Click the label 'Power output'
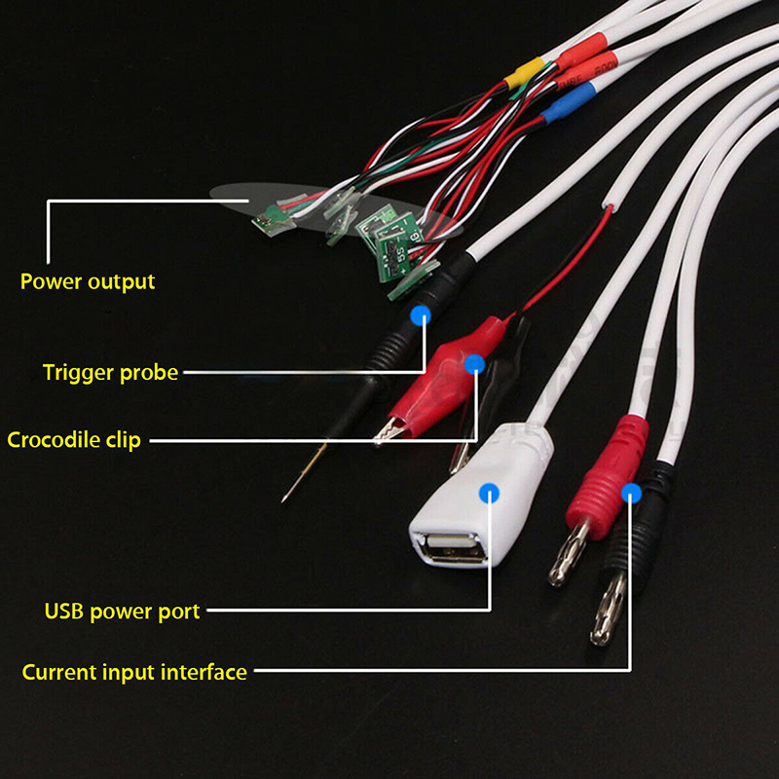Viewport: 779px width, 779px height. (x=88, y=282)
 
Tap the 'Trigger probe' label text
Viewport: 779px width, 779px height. (x=110, y=372)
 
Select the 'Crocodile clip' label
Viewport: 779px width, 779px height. (x=74, y=440)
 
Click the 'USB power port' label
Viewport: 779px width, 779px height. (x=122, y=612)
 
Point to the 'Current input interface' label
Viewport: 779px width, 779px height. (x=134, y=672)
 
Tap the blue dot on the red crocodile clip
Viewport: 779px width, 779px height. (x=474, y=365)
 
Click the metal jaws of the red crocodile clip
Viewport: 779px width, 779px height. (x=394, y=428)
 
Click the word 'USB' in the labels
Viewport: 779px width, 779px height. (x=64, y=612)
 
